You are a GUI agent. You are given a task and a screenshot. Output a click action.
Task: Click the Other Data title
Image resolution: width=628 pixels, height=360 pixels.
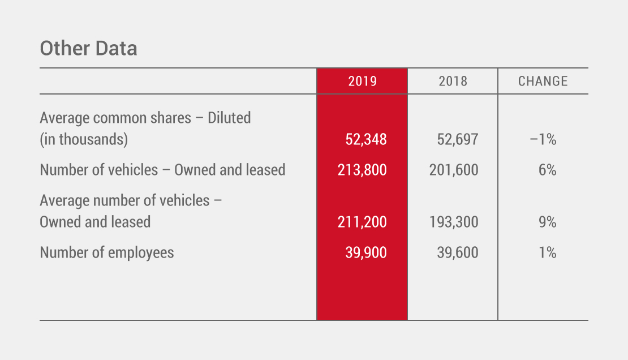[88, 49]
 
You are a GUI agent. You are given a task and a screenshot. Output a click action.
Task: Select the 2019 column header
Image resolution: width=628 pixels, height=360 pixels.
[362, 81]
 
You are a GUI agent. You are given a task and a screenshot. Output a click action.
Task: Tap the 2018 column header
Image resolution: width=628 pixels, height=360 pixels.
[453, 81]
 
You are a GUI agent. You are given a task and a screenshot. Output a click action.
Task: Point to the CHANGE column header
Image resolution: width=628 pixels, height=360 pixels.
[543, 81]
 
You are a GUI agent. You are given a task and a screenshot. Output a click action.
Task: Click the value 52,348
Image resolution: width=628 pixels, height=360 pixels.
[366, 139]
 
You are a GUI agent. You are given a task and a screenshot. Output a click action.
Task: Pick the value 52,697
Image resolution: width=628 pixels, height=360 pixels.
[457, 139]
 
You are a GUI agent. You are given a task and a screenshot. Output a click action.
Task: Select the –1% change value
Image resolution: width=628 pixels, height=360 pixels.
[543, 139]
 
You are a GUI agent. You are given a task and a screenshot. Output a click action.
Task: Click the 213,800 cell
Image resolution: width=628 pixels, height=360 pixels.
[362, 169]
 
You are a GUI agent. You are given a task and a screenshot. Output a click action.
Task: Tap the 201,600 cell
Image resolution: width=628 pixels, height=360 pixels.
[454, 169]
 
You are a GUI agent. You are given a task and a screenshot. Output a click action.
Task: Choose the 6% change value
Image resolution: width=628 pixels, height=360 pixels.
[548, 169]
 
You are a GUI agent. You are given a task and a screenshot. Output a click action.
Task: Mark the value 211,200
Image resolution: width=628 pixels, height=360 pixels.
[362, 222]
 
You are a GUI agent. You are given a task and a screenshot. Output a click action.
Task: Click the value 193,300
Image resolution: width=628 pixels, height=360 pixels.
[454, 222]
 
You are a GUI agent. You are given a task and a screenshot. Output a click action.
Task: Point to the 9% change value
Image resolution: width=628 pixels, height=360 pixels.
[548, 222]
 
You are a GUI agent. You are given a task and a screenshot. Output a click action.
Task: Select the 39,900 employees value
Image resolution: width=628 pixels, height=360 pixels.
[366, 252]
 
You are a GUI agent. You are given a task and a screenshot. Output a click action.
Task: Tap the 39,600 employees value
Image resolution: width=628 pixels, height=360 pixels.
[457, 252]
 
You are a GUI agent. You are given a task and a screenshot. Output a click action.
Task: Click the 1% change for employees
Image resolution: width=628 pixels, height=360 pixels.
[548, 252]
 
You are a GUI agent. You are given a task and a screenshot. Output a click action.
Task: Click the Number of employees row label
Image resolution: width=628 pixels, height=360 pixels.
[107, 252]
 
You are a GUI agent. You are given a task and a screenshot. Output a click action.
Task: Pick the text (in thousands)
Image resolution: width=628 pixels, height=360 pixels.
[84, 139]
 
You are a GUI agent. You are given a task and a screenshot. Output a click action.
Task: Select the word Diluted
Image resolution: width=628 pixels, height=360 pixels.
[229, 118]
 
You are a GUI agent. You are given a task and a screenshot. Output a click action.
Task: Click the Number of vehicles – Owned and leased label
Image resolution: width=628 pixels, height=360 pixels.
[162, 169]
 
